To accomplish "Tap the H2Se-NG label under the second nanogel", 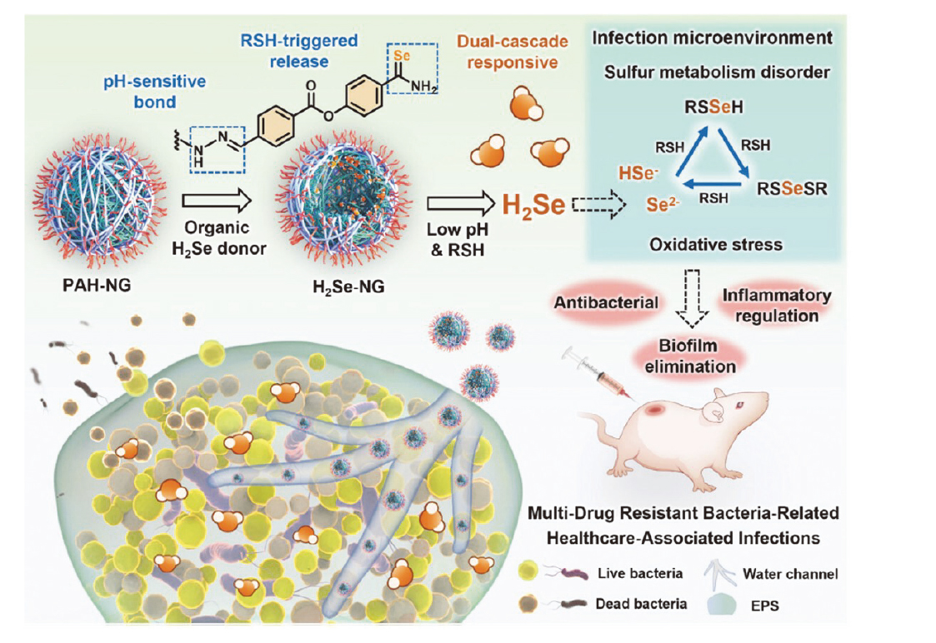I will (338, 287).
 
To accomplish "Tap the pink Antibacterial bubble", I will (607, 302).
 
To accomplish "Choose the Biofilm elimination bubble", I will (688, 356).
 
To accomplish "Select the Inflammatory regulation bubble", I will (776, 306).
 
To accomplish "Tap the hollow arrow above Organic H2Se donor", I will (216, 201).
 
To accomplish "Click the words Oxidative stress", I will (715, 245).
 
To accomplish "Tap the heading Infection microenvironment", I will (712, 38).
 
